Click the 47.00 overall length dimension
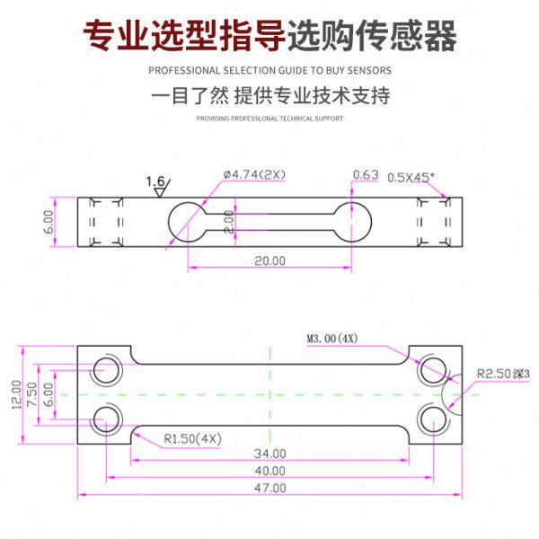click(x=270, y=488)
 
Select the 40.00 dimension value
click(x=269, y=471)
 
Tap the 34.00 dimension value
click(x=269, y=454)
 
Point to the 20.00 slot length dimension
click(x=269, y=261)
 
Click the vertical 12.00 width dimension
click(x=16, y=394)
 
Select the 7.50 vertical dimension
click(x=31, y=394)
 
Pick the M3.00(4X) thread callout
click(x=331, y=339)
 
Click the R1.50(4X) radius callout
click(x=192, y=438)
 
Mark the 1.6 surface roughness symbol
click(x=157, y=184)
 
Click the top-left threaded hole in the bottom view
click(x=109, y=368)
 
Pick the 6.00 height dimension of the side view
click(x=49, y=221)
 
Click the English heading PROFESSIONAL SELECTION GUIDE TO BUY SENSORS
click(x=269, y=69)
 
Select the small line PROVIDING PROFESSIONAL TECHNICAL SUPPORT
click(x=269, y=118)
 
